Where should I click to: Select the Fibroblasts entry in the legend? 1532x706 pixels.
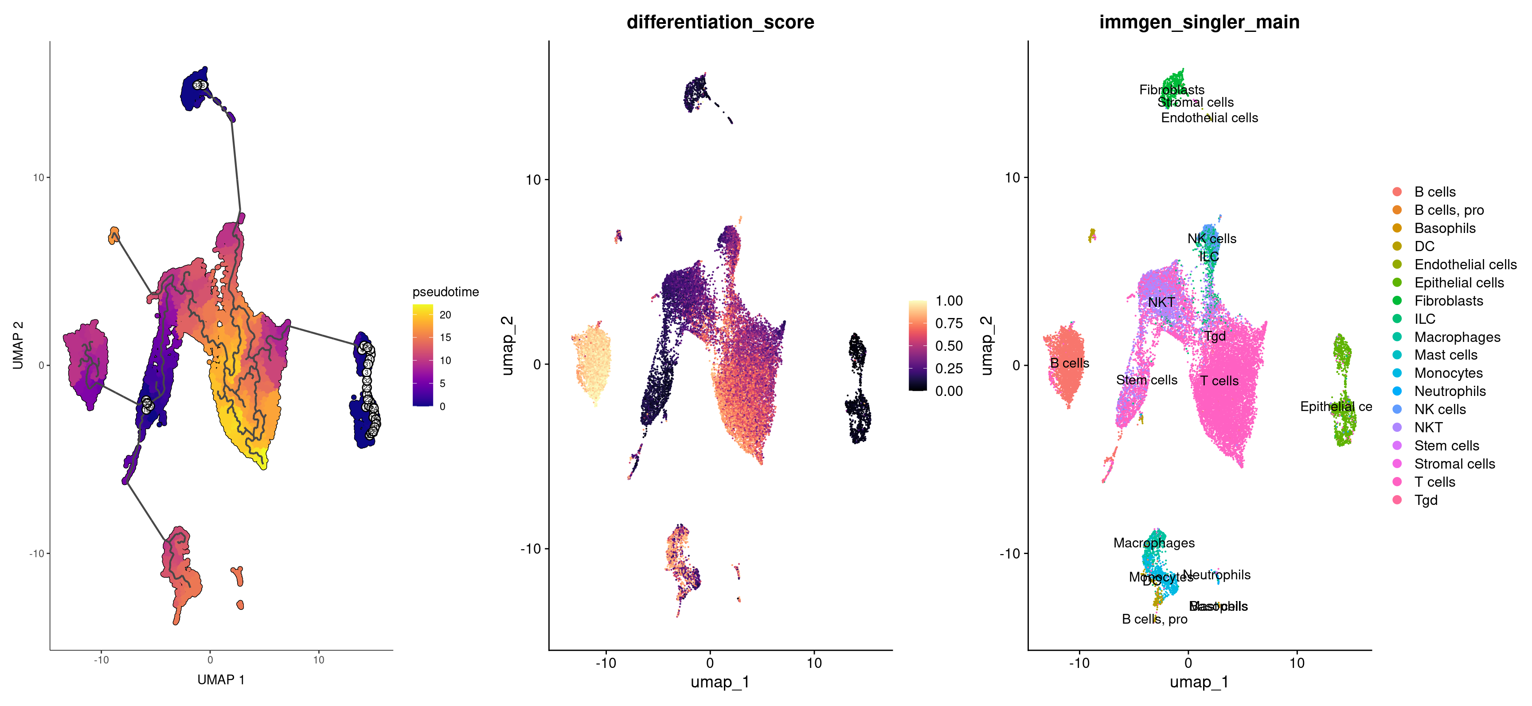click(x=1448, y=301)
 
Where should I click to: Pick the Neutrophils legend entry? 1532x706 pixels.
click(x=1450, y=391)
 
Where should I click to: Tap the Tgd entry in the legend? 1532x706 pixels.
click(x=1426, y=500)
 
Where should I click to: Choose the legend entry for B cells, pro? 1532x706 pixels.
click(x=1448, y=210)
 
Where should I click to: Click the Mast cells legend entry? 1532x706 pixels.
click(x=1445, y=355)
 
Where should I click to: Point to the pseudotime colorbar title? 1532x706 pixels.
click(x=446, y=292)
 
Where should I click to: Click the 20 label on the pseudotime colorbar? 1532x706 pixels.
click(x=445, y=315)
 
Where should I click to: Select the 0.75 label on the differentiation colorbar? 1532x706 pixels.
click(x=949, y=323)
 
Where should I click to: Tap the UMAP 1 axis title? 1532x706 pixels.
click(x=221, y=679)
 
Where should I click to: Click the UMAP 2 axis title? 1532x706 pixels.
click(x=18, y=345)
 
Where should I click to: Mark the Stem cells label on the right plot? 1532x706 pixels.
click(x=1146, y=380)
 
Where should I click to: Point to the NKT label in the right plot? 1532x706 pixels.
click(x=1161, y=302)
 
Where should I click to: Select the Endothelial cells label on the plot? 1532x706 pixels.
click(x=1209, y=118)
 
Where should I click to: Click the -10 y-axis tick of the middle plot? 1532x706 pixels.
click(x=530, y=548)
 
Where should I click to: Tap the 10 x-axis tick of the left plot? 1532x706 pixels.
click(x=318, y=659)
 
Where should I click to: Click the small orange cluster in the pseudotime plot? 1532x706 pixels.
click(x=113, y=235)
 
